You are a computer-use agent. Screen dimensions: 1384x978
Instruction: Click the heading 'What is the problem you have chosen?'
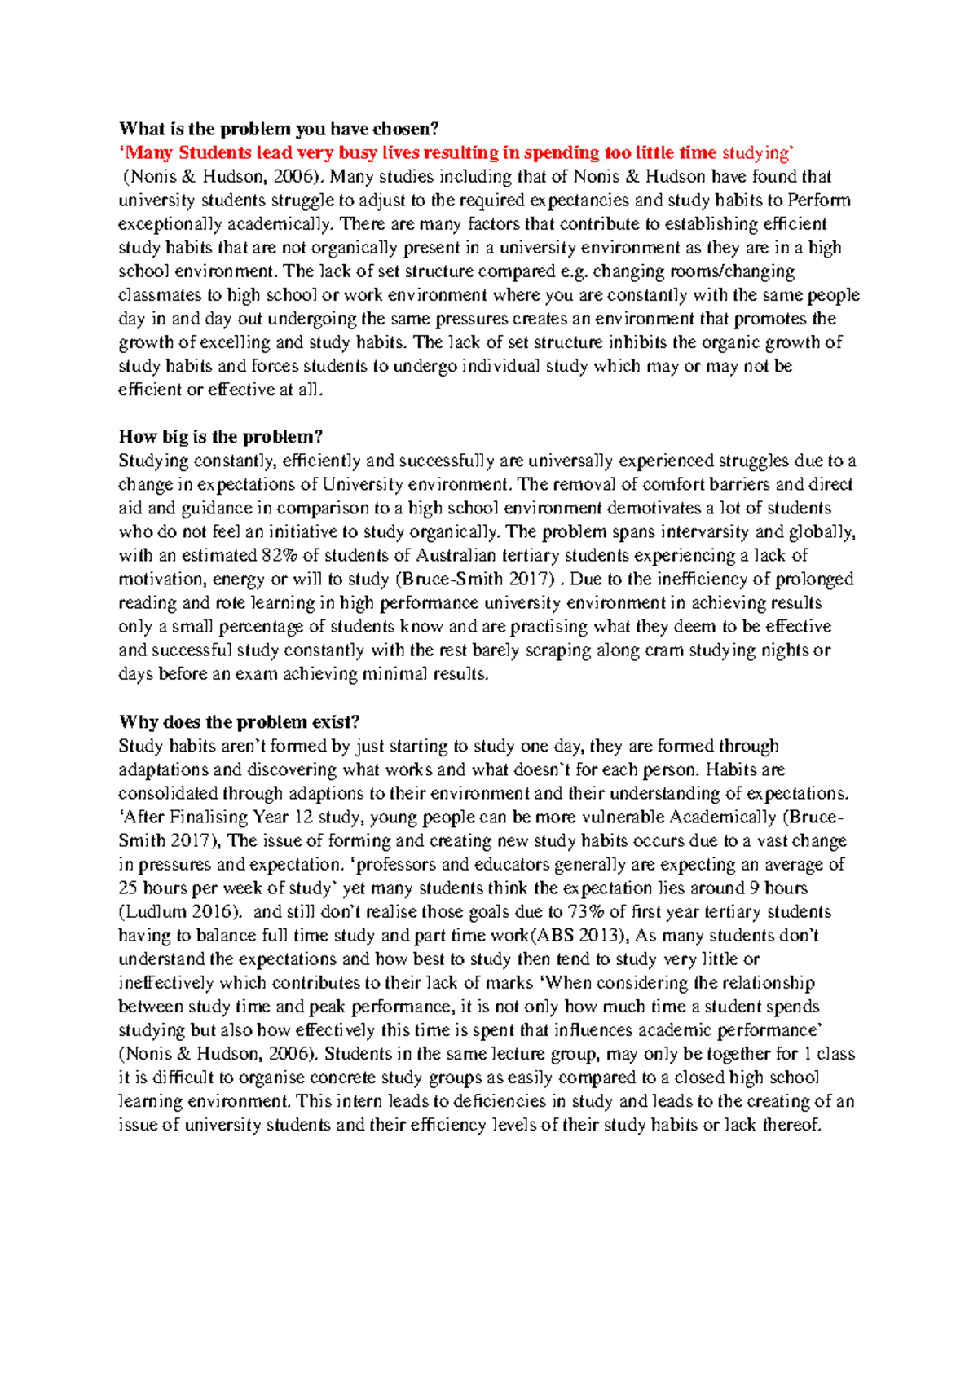pyautogui.click(x=279, y=129)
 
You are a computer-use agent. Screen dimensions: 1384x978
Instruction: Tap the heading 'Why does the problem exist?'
pyautogui.click(x=239, y=722)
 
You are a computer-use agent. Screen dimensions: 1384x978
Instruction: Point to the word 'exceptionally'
pyautogui.click(x=168, y=224)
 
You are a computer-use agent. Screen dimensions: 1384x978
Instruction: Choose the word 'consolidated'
pyautogui.click(x=168, y=793)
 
